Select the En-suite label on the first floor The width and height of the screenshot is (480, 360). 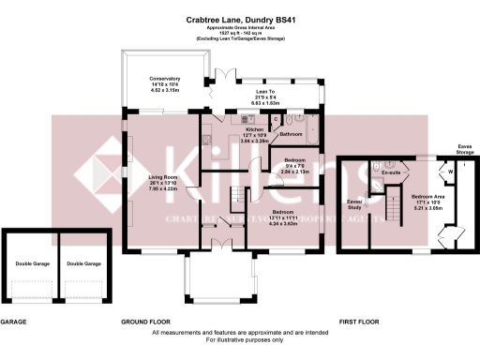tap(392, 173)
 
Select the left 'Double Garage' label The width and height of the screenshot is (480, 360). tap(32, 264)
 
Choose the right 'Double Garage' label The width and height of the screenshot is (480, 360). tap(82, 264)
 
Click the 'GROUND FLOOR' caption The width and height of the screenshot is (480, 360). tap(144, 322)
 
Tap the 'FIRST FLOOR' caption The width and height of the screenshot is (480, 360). tap(358, 322)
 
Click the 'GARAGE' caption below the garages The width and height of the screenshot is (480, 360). tap(13, 322)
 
